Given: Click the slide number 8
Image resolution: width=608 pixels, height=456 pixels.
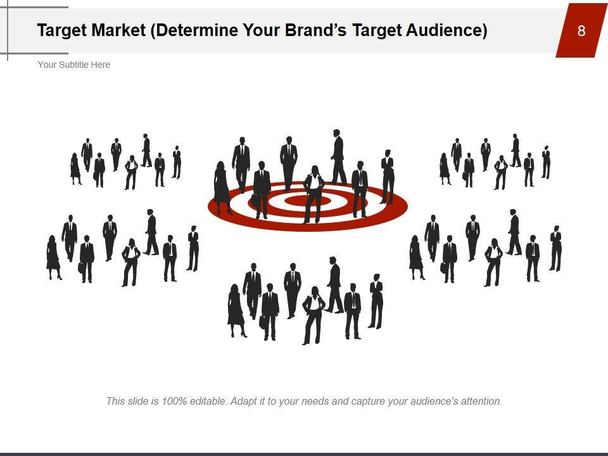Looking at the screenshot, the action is coord(581,30).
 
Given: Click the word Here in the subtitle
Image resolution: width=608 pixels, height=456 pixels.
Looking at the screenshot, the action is coord(101,65).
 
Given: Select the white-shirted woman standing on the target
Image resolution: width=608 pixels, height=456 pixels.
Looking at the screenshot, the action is coord(313,194).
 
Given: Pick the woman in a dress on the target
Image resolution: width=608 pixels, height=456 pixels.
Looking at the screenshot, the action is coord(222,187).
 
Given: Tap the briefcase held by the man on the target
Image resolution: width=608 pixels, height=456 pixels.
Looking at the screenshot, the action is coord(255,199).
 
